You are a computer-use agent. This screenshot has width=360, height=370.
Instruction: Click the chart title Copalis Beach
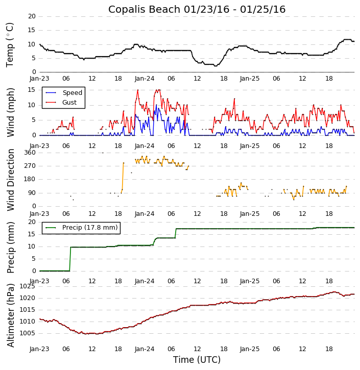tap(197, 9)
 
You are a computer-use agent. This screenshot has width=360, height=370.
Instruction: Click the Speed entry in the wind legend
tap(72, 93)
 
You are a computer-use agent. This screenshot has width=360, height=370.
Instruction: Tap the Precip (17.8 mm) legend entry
tap(89, 228)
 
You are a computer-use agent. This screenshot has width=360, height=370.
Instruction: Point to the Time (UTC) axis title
tap(197, 360)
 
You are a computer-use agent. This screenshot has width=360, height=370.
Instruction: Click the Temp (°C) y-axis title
tap(10, 44)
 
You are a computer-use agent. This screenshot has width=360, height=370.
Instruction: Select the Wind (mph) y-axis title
tap(10, 112)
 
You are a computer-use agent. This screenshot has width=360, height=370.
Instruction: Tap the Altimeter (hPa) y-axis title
tap(10, 315)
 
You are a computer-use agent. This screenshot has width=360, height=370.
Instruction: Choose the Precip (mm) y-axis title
tap(10, 246)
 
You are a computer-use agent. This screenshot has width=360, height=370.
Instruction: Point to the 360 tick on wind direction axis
tap(30, 153)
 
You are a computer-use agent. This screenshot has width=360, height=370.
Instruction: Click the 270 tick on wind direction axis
tap(30, 166)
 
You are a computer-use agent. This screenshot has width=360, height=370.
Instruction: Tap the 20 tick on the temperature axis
tap(32, 16)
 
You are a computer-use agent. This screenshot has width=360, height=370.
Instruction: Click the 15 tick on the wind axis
tap(32, 90)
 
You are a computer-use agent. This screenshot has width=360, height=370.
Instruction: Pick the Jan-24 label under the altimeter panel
tap(145, 349)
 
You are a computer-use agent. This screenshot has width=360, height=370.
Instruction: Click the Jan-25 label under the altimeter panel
tap(250, 349)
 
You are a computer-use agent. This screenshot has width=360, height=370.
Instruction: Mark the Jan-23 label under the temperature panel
tap(39, 79)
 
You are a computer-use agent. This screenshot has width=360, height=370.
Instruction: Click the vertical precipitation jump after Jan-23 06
tap(70, 259)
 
